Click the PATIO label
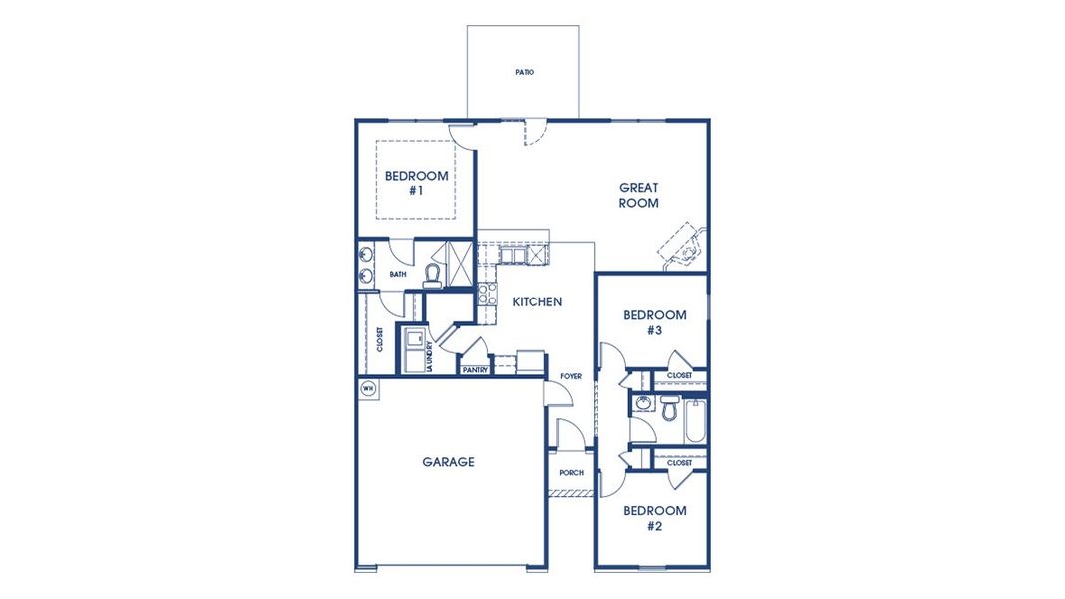[x=524, y=73]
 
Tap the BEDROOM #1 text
[x=416, y=182]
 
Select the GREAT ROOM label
[x=638, y=195]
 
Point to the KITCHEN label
[x=537, y=301]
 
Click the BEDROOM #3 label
[x=654, y=322]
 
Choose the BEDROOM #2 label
[x=654, y=518]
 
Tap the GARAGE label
[x=448, y=462]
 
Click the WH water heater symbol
[x=368, y=388]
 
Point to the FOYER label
[x=570, y=376]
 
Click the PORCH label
[x=571, y=473]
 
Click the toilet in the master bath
[x=433, y=273]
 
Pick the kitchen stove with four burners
[x=488, y=294]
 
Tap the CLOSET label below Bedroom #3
[x=679, y=376]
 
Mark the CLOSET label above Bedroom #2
[x=679, y=463]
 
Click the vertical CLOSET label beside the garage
[x=380, y=340]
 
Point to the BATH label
[x=398, y=274]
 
